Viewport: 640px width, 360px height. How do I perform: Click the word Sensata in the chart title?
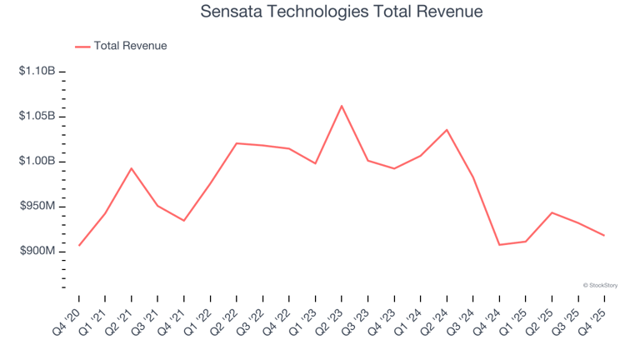point(231,12)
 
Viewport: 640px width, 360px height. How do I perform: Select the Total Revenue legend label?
point(130,46)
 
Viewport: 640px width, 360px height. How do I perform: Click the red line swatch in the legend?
point(82,47)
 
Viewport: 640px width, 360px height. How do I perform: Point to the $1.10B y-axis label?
point(37,71)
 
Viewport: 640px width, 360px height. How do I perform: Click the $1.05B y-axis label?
point(37,116)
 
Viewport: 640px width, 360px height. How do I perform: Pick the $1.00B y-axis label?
point(37,161)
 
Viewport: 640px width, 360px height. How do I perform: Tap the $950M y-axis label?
point(37,206)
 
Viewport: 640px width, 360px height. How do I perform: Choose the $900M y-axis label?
point(37,251)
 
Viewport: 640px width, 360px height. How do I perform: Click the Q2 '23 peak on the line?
point(342,106)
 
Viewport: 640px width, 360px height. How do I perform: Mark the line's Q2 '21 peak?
point(131,168)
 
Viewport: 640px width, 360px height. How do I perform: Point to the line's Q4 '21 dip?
point(183,220)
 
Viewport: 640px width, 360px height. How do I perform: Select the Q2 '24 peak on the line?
point(447,130)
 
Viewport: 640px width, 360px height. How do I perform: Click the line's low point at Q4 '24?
point(499,245)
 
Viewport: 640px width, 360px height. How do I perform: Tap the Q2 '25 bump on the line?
point(552,212)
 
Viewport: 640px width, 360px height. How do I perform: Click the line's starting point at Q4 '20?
point(79,245)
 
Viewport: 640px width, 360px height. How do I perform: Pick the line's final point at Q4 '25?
point(604,235)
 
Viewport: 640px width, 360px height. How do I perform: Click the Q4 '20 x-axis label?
point(67,322)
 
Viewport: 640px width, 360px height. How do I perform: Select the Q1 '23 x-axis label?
point(302,322)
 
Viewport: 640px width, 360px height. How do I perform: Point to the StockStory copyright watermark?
point(600,285)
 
